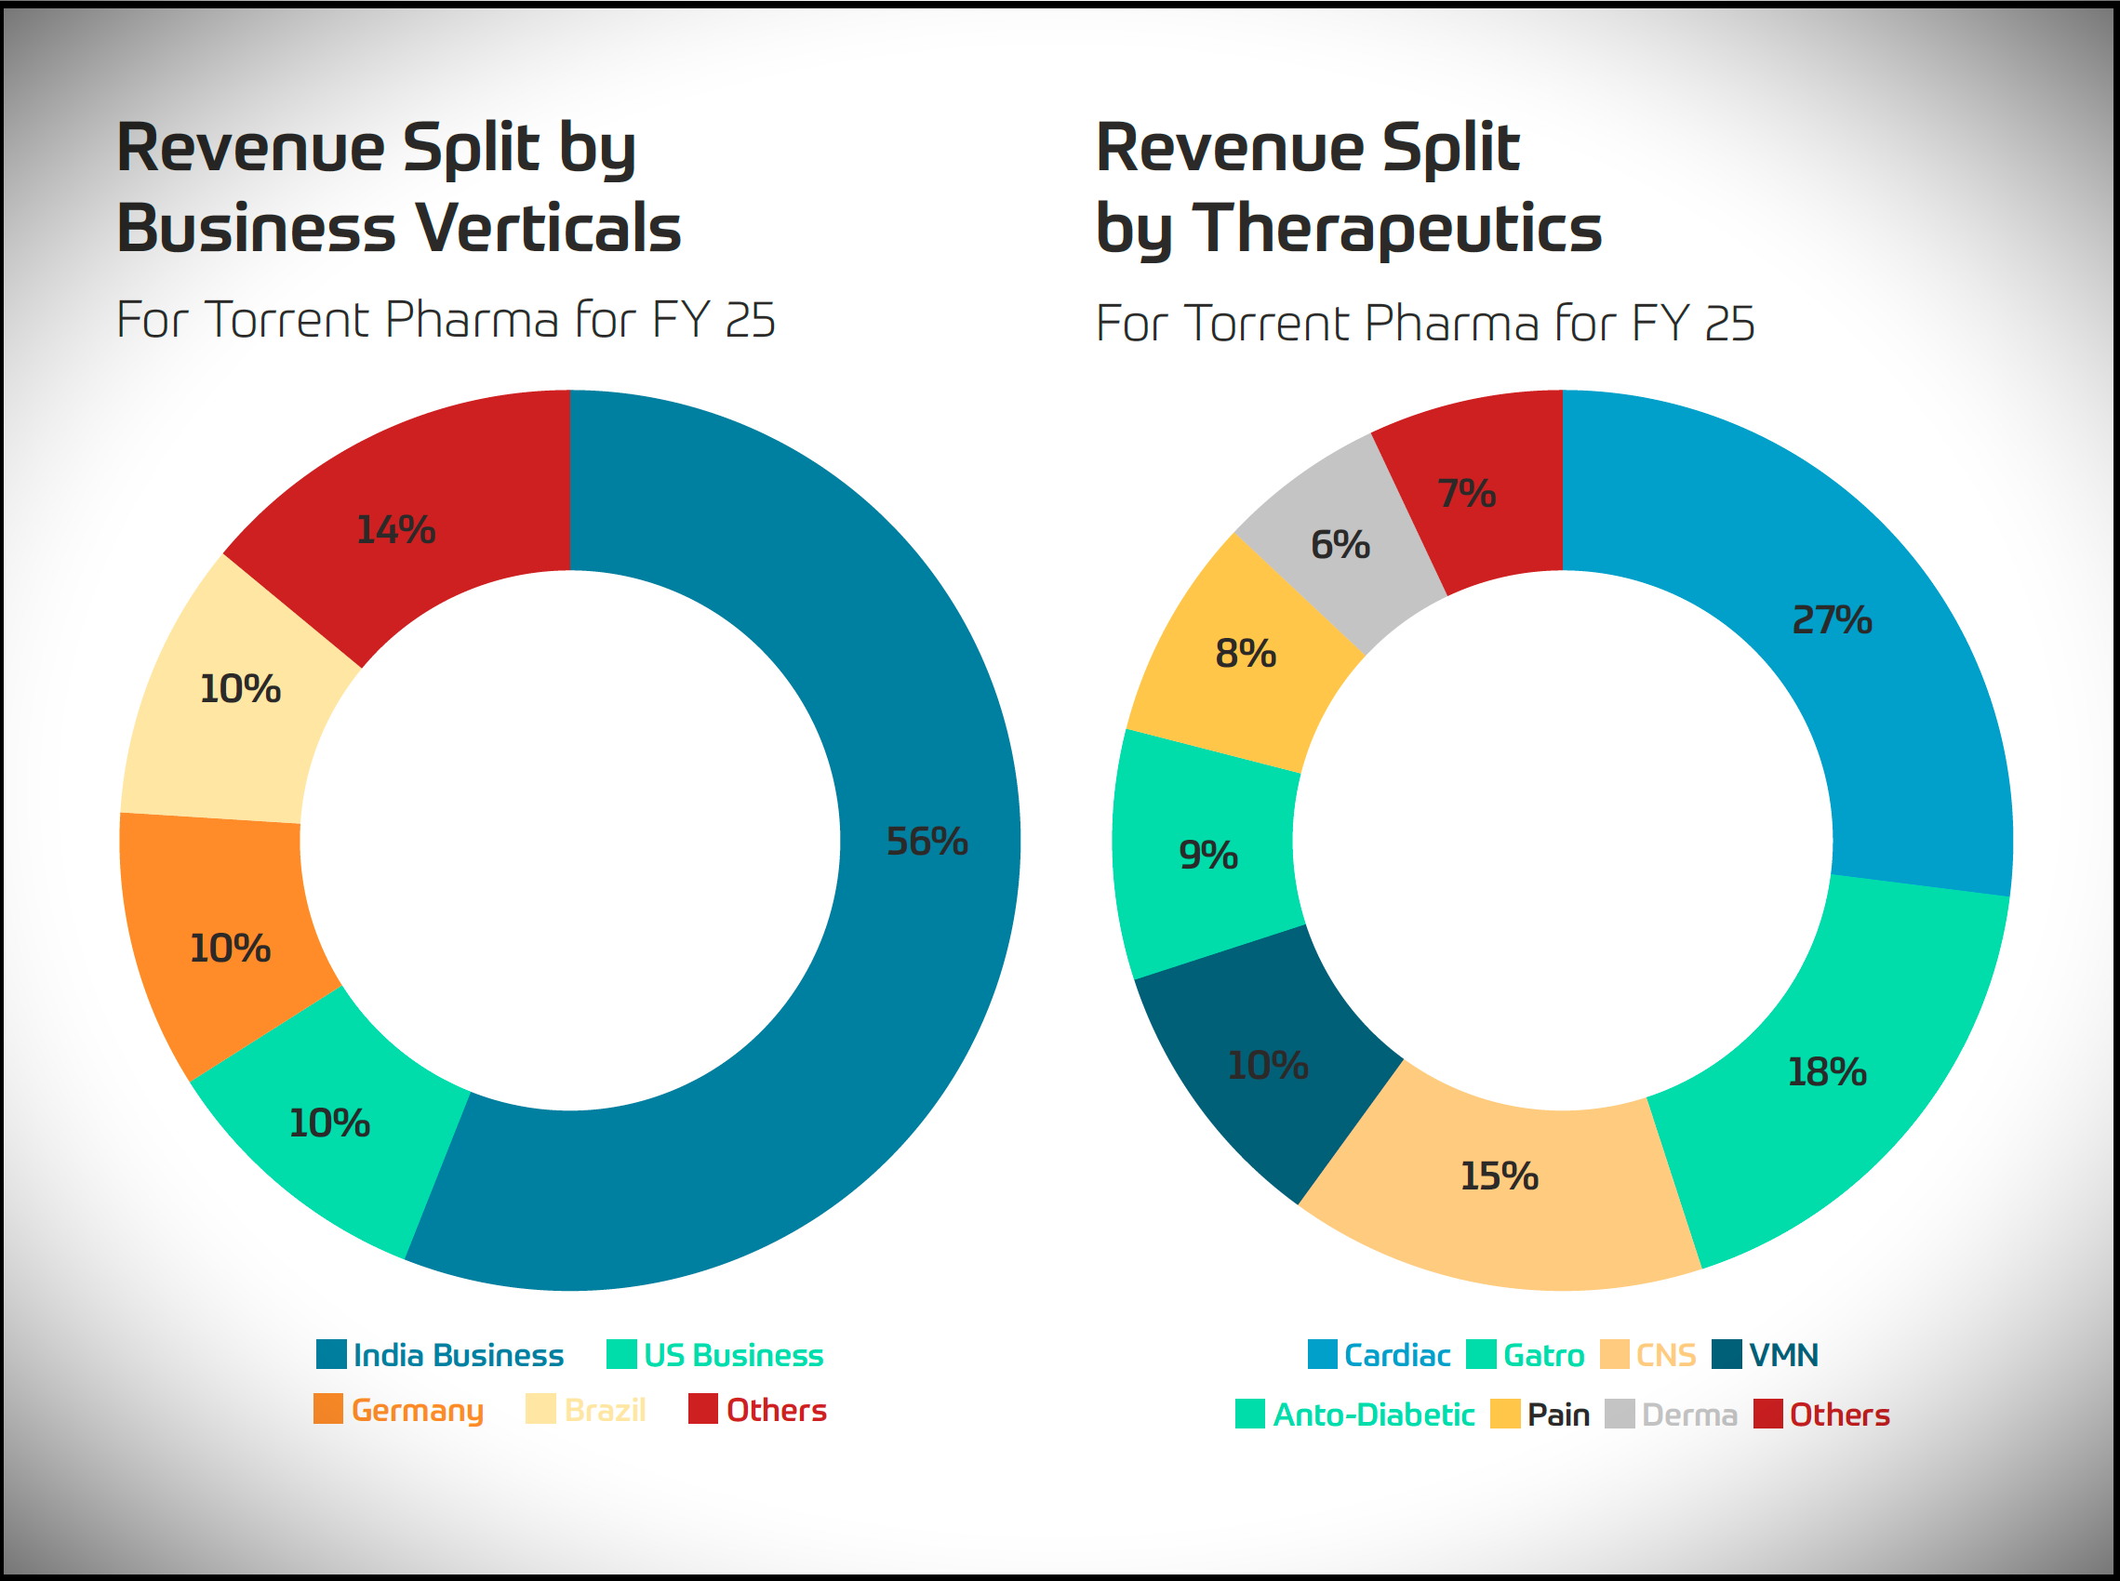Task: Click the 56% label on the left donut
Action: [x=927, y=843]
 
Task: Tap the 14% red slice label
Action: [x=395, y=530]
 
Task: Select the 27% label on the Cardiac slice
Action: [x=1831, y=620]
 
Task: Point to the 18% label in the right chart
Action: [x=1826, y=1072]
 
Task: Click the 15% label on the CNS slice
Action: [x=1499, y=1176]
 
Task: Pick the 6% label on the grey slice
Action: [x=1340, y=546]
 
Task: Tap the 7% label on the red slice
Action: [x=1466, y=494]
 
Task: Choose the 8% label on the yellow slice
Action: [x=1246, y=655]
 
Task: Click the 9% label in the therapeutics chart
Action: [x=1207, y=856]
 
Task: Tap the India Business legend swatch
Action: [x=331, y=1354]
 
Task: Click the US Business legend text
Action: [x=733, y=1355]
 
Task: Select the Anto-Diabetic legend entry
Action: [x=1373, y=1415]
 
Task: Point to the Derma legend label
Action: [x=1689, y=1415]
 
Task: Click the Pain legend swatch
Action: [x=1505, y=1414]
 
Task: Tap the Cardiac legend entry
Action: [x=1396, y=1355]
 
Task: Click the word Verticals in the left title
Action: [x=550, y=229]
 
